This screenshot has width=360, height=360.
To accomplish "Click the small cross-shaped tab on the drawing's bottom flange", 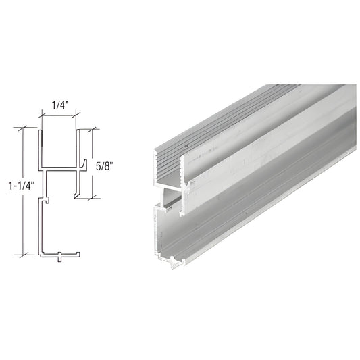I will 60,256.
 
